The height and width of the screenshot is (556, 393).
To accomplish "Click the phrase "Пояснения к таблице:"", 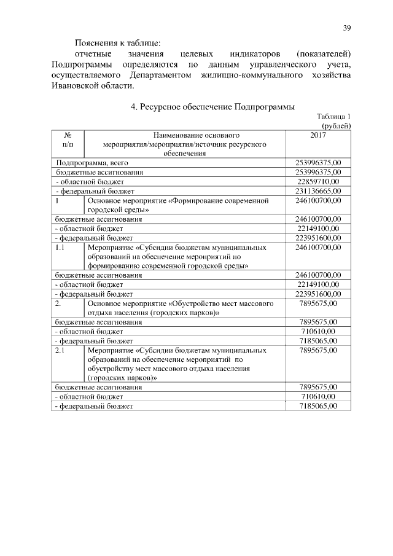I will pyautogui.click(x=117, y=43).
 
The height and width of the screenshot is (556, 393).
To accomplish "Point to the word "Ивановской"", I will pyautogui.click(x=74, y=85).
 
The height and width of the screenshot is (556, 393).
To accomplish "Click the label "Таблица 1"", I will pyautogui.click(x=333, y=117).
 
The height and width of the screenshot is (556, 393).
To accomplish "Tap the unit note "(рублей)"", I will pyautogui.click(x=336, y=126).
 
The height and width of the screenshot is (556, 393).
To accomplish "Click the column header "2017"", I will pyautogui.click(x=318, y=134).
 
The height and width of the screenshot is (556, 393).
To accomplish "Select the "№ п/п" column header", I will pyautogui.click(x=67, y=139).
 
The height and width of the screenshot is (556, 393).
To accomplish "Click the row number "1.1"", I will pyautogui.click(x=60, y=247).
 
